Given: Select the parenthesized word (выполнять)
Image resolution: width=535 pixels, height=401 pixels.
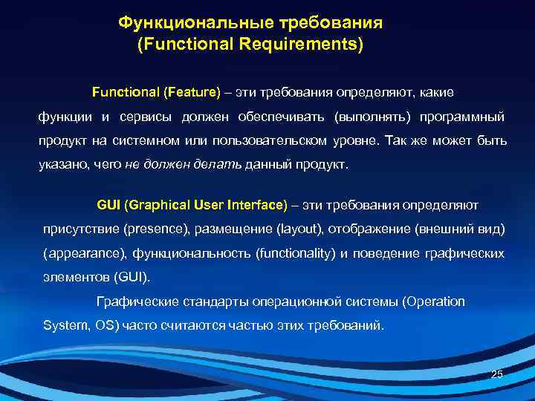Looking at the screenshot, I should pyautogui.click(x=371, y=117).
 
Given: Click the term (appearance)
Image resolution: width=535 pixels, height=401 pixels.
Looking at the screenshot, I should pyautogui.click(x=84, y=254).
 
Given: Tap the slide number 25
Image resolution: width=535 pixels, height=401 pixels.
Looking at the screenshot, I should pyautogui.click(x=497, y=374).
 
